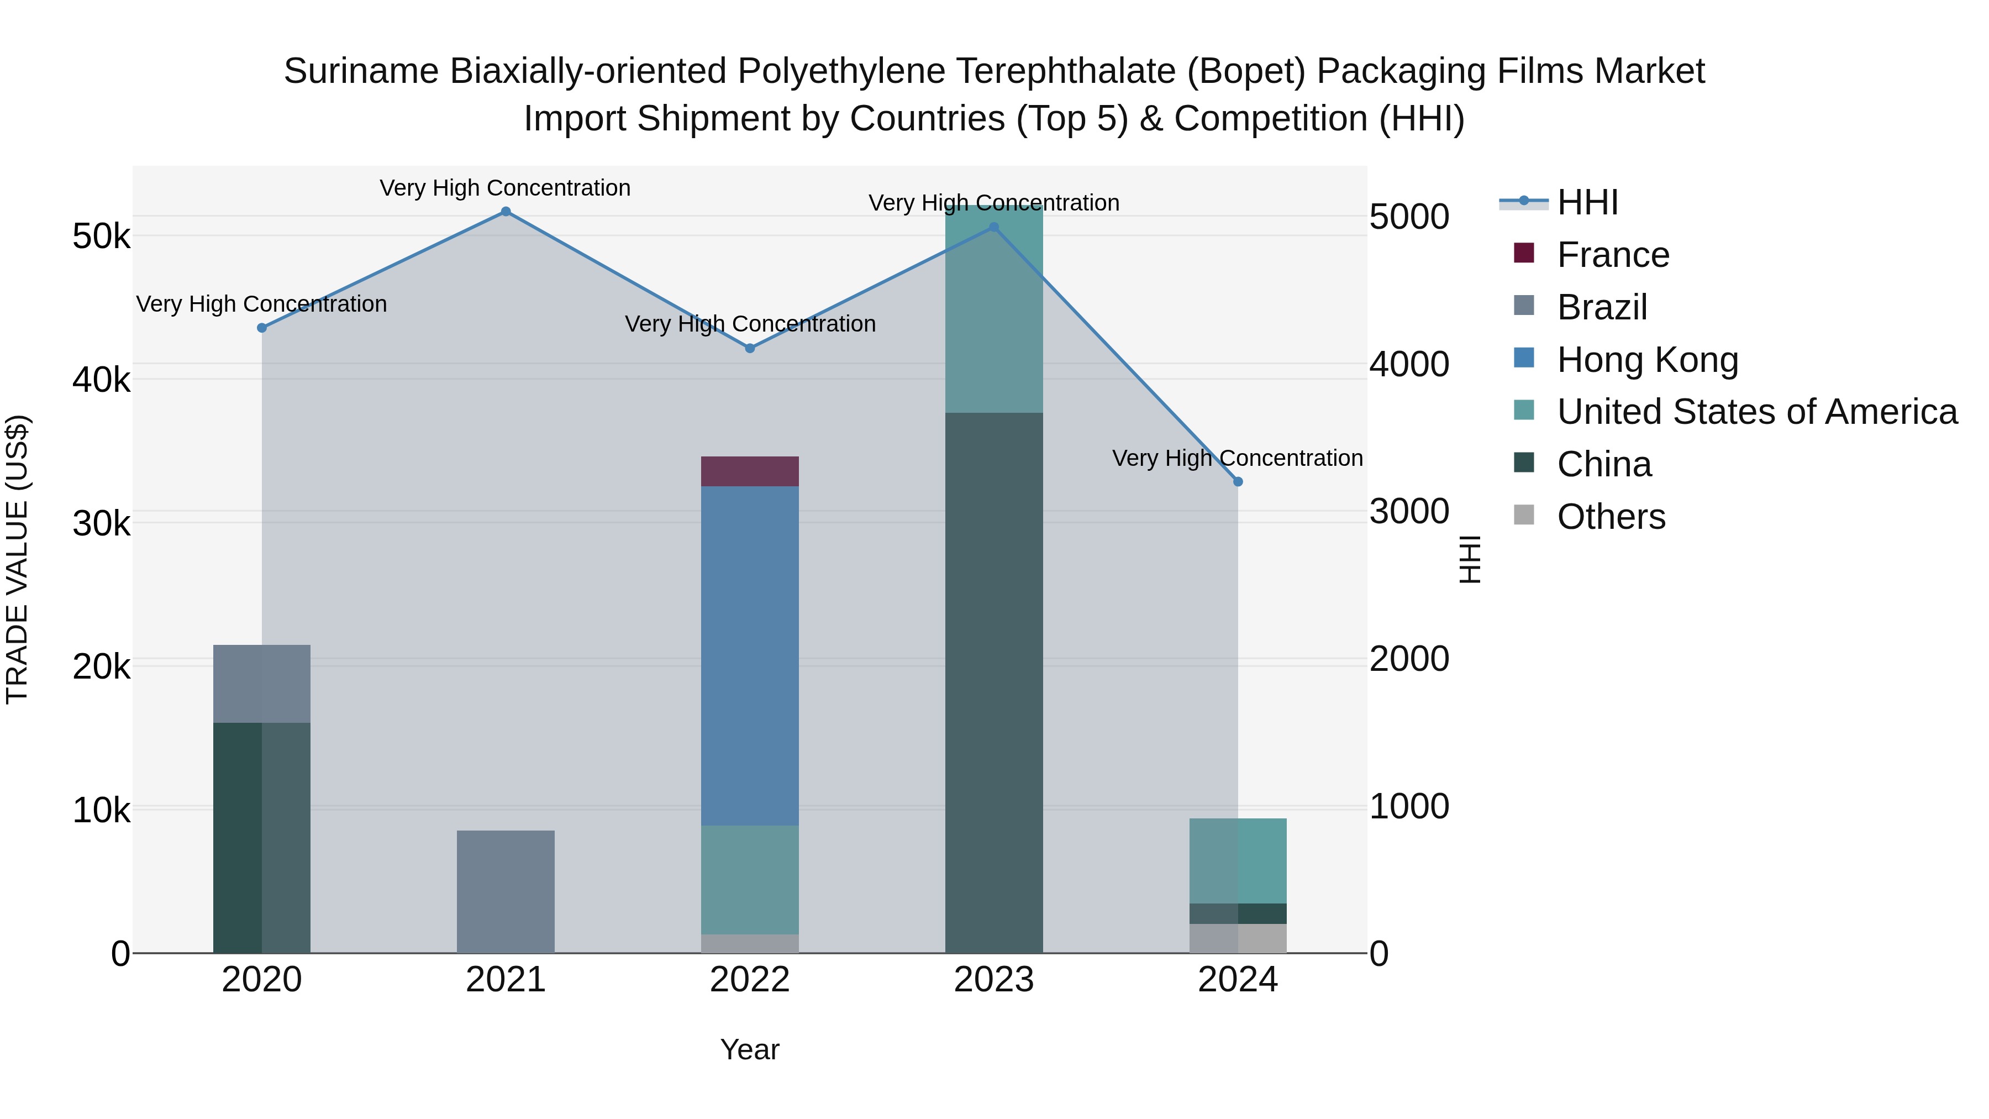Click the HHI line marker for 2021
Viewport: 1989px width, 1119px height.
point(506,212)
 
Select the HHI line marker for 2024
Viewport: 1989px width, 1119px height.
point(1238,482)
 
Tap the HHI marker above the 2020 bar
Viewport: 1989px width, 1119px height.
point(262,328)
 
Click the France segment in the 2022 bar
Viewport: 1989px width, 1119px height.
point(750,471)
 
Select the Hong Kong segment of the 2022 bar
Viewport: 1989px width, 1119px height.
point(750,656)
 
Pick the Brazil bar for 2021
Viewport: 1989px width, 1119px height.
point(506,891)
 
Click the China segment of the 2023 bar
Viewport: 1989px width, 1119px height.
point(994,684)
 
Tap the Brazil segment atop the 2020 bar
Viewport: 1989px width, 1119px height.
point(262,684)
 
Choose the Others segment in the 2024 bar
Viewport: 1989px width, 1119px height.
point(1238,938)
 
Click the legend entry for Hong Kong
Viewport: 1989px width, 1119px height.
point(1647,360)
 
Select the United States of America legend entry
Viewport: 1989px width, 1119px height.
point(1756,412)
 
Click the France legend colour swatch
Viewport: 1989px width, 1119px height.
point(1523,253)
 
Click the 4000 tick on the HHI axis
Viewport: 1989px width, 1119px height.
point(1409,365)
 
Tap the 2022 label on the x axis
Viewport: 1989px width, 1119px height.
point(750,980)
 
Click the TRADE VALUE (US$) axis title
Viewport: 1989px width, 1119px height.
point(17,559)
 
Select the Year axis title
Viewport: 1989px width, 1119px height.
point(750,1049)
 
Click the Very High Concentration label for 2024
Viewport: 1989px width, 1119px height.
point(1237,458)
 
